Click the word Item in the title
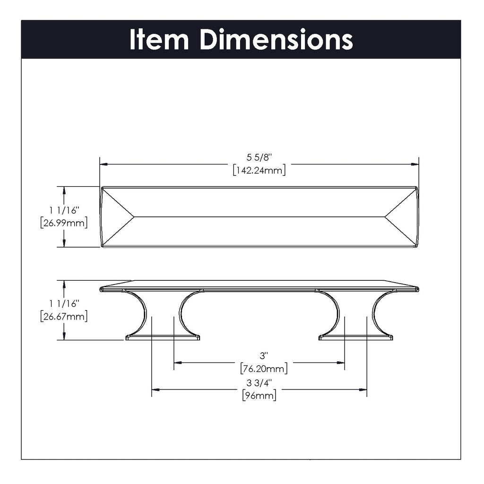158,40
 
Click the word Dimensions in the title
276,40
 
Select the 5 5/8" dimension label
259,158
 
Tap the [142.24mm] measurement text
259,170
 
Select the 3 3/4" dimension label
259,382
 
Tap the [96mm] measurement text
259,395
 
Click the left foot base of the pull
163,337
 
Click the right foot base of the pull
355,337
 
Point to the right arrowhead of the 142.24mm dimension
415,164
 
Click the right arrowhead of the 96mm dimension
363,389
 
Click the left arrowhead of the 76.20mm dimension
177,363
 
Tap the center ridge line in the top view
259,217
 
